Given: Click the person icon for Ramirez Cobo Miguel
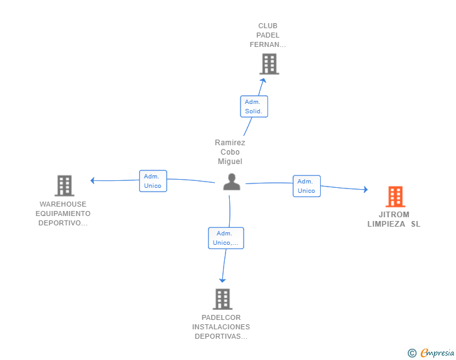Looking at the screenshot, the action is pyautogui.click(x=232, y=182).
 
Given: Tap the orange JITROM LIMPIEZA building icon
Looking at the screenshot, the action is pyautogui.click(x=395, y=197).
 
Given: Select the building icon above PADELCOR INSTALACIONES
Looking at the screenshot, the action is pyautogui.click(x=222, y=299).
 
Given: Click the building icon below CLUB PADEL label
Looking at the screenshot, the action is pyautogui.click(x=269, y=64).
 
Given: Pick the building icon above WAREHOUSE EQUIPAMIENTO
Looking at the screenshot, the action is pyautogui.click(x=65, y=185).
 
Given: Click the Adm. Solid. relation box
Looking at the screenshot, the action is pyautogui.click(x=254, y=106).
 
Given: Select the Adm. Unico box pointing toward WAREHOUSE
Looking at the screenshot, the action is pyautogui.click(x=153, y=181).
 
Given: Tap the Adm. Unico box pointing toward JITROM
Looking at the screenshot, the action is pyautogui.click(x=306, y=186).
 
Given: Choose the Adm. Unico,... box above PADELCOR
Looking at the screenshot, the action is pyautogui.click(x=226, y=238).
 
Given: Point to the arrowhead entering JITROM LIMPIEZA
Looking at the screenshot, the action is pyautogui.click(x=366, y=190).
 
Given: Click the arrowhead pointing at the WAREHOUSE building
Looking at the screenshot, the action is pyautogui.click(x=93, y=180).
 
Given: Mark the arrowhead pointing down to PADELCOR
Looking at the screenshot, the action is pyautogui.click(x=222, y=280).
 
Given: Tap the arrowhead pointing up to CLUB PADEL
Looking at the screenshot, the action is pyautogui.click(x=263, y=80).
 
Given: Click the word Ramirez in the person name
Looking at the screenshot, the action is pyautogui.click(x=230, y=143).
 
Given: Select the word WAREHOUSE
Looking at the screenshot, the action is pyautogui.click(x=63, y=204).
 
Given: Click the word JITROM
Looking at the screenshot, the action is pyautogui.click(x=394, y=215).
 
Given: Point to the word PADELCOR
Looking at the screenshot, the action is pyautogui.click(x=221, y=317).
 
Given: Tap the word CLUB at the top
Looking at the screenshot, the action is pyautogui.click(x=268, y=26).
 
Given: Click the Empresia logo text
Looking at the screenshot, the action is pyautogui.click(x=437, y=352).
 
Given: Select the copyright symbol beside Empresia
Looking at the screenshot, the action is pyautogui.click(x=412, y=353).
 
